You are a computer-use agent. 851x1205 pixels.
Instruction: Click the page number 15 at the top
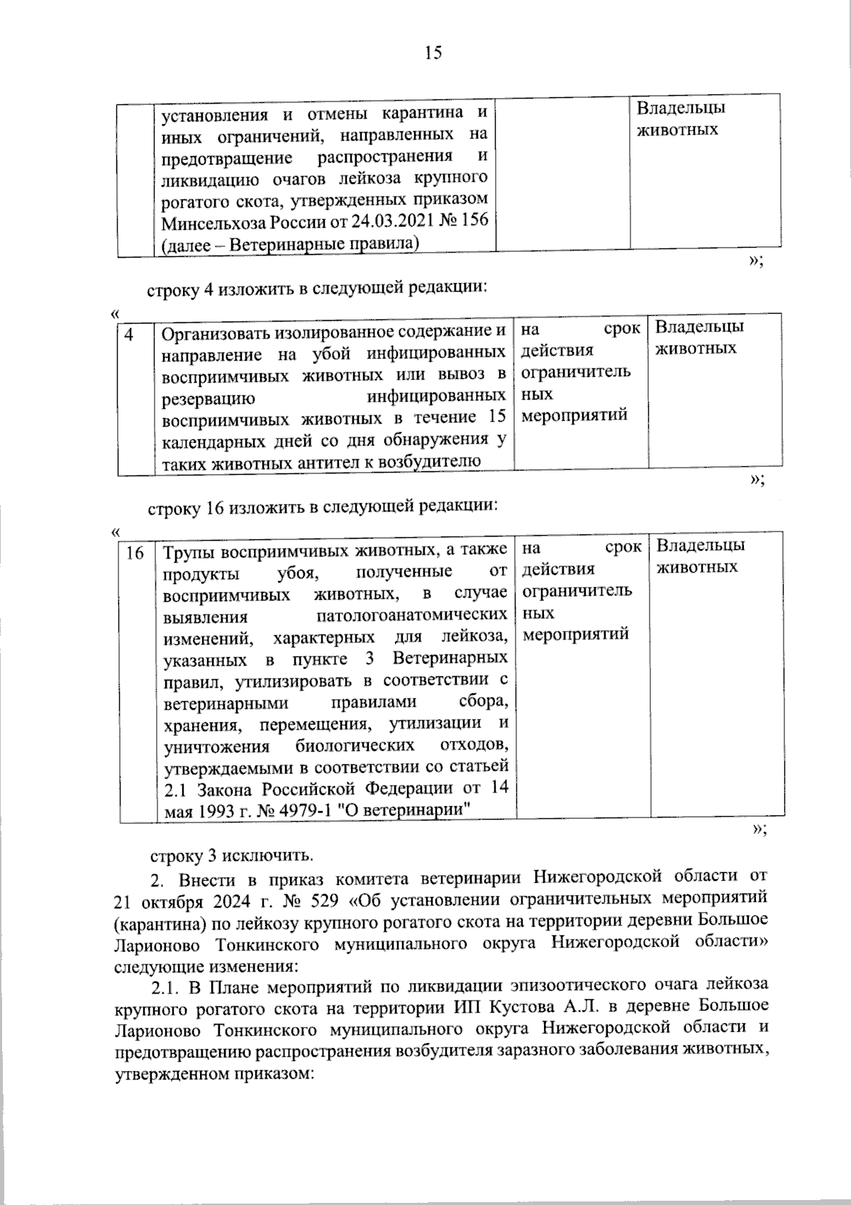tap(433, 53)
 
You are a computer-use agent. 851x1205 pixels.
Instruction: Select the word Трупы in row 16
tap(188, 551)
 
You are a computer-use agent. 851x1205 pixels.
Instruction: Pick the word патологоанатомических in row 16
tap(411, 615)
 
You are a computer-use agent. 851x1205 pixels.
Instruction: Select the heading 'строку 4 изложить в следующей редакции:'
tap(317, 289)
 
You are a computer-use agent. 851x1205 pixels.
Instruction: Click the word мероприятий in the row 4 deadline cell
tap(574, 414)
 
